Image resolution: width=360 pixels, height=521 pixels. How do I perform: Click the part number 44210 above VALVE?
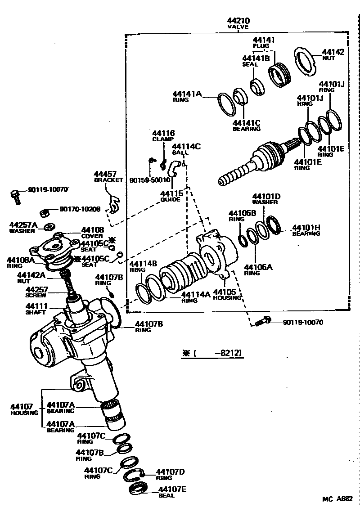point(239,21)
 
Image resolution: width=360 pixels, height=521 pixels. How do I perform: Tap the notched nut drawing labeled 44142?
point(306,59)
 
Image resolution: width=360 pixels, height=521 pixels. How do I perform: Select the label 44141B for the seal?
point(256,58)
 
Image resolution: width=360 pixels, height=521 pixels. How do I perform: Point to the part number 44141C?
point(247,122)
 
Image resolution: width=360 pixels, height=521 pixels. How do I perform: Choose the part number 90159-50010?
point(150,180)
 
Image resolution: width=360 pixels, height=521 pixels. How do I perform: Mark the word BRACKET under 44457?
point(108,180)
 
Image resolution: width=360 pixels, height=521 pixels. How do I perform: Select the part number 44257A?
point(25,225)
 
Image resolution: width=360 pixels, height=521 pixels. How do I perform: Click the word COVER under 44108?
point(92,236)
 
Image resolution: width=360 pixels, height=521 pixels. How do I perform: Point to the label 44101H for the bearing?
point(306,228)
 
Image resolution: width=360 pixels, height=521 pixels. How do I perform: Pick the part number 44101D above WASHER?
point(266,197)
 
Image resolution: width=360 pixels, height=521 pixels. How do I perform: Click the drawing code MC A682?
point(337,499)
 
